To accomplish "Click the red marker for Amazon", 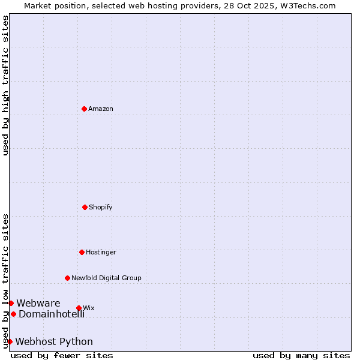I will pos(84,109).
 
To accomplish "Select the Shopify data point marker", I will pos(85,207).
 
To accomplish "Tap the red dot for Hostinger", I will pos(82,252).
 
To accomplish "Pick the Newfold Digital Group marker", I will pos(67,278).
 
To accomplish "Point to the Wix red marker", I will pos(79,308).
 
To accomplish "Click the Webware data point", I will pos(11,303).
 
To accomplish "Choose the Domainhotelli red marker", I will pos(13,314).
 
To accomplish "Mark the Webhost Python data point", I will pos(10,341).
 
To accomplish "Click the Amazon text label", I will pos(101,109).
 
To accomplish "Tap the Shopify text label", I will pos(101,208).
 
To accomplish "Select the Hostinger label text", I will pos(101,253).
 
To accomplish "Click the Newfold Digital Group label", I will pos(107,278).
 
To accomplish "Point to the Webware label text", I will pos(38,304).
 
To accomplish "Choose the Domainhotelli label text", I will pos(52,314).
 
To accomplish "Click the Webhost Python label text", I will pos(54,342).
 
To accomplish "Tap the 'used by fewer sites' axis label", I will pos(62,355).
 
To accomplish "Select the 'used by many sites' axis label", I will pos(301,355).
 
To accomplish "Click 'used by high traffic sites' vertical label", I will pos(5,85).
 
